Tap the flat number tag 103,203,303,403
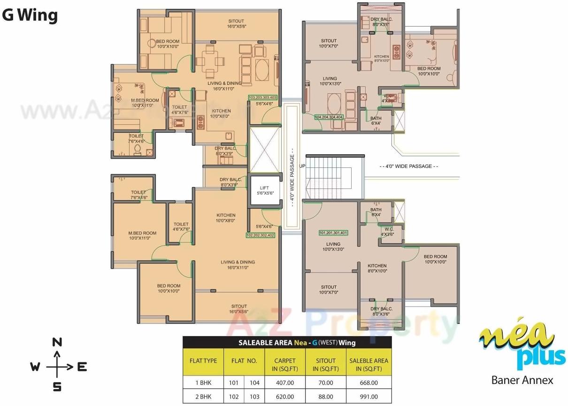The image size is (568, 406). click(x=263, y=97)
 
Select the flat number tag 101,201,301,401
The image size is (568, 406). click(x=333, y=233)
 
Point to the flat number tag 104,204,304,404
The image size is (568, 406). click(x=329, y=117)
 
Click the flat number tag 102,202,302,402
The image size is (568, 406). click(x=260, y=235)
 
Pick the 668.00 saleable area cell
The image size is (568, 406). click(x=368, y=383)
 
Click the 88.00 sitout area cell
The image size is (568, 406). click(x=325, y=397)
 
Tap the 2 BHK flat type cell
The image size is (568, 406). click(x=203, y=397)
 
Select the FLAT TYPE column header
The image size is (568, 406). click(x=203, y=361)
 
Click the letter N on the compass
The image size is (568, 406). click(x=57, y=342)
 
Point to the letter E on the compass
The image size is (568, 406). click(x=82, y=367)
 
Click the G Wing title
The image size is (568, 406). click(x=30, y=15)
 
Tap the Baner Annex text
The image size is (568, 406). click(x=522, y=380)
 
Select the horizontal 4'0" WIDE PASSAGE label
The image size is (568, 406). click(x=408, y=166)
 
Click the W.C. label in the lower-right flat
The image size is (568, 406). click(x=387, y=232)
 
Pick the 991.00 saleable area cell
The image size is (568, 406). click(x=368, y=397)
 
